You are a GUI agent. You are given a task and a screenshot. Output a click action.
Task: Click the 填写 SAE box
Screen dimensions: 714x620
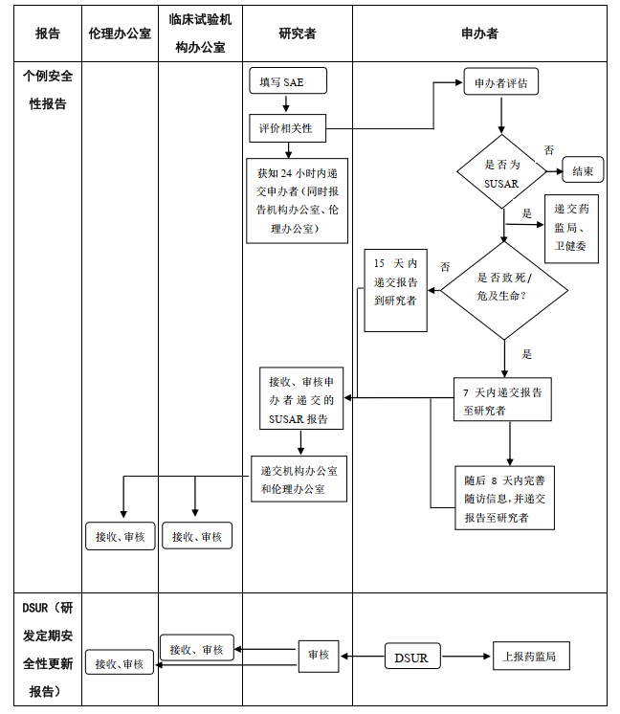pos(288,82)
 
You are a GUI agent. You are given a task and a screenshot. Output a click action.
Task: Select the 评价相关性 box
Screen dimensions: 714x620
pos(287,128)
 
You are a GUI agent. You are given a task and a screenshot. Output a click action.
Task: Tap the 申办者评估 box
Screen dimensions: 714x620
pos(500,83)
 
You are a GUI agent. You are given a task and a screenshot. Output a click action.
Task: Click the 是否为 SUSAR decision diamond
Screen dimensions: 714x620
pos(501,172)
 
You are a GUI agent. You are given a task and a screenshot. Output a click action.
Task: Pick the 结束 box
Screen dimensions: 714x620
pos(583,171)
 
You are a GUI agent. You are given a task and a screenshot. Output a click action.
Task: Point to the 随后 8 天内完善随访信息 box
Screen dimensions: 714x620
pos(504,499)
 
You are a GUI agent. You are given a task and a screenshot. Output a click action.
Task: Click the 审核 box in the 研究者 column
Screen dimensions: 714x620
pos(318,656)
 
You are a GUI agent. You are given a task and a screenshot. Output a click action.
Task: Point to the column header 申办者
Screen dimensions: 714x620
pos(478,33)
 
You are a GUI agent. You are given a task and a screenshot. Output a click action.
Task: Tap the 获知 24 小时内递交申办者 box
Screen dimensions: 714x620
pos(297,200)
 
